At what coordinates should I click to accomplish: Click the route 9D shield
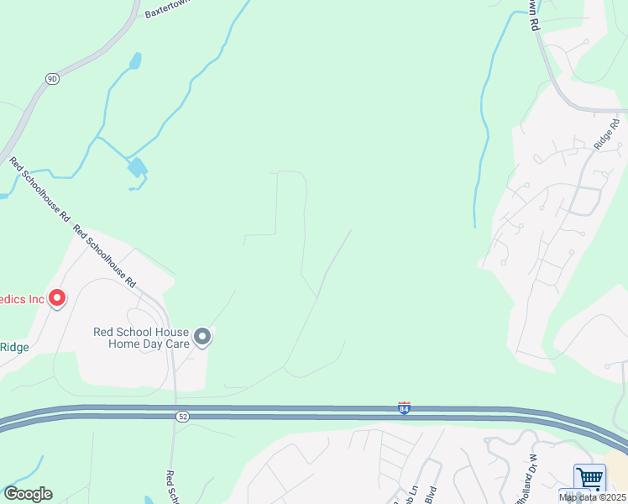(x=52, y=79)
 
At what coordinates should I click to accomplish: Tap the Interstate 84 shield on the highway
(x=404, y=408)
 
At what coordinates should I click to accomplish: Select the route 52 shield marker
(x=182, y=416)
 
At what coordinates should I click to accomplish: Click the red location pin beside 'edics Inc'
(x=57, y=298)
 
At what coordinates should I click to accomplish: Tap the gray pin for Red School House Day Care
(x=201, y=338)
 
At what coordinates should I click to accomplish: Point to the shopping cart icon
(x=589, y=479)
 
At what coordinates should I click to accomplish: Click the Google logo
(x=28, y=494)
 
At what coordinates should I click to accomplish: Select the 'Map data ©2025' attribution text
(x=592, y=497)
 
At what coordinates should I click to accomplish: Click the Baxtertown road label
(x=168, y=8)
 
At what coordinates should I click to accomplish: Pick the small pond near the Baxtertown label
(x=134, y=61)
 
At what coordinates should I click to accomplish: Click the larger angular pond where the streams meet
(x=137, y=167)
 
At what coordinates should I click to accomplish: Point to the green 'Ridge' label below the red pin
(x=14, y=347)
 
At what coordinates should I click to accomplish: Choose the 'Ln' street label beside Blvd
(x=412, y=494)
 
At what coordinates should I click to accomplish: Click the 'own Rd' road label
(x=533, y=15)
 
